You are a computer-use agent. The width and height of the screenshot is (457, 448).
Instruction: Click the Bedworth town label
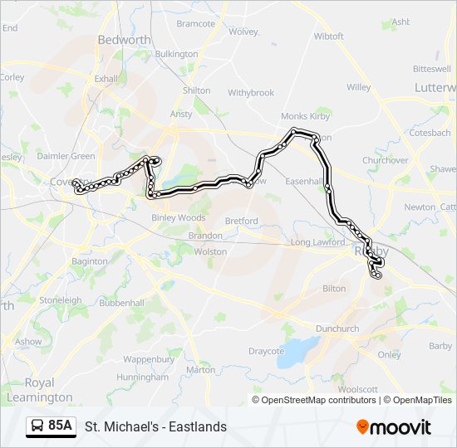tap(124, 40)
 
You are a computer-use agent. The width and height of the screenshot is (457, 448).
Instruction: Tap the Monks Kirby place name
tap(305, 117)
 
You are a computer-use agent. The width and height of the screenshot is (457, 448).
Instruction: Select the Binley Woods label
tap(178, 218)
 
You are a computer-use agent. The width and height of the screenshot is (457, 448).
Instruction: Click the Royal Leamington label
tap(38, 390)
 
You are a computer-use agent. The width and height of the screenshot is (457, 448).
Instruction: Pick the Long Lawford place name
tap(317, 242)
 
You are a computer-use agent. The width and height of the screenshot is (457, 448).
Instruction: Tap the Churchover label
tap(386, 160)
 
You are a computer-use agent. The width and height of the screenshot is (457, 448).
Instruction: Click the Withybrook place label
tap(251, 93)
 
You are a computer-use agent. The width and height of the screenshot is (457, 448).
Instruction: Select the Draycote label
tap(266, 351)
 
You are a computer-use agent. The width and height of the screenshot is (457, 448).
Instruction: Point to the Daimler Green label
tap(66, 156)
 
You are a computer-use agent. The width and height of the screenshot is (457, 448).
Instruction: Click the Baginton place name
tap(90, 261)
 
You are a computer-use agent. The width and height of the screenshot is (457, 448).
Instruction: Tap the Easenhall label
tap(303, 181)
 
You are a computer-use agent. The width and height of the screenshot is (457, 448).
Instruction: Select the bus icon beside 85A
tap(38, 426)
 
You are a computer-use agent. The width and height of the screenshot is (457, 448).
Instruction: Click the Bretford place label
tap(241, 222)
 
